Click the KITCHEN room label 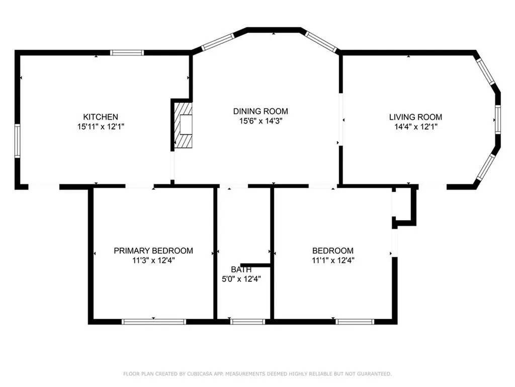[x=101, y=117]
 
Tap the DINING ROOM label [x=261, y=111]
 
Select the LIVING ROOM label [x=415, y=117]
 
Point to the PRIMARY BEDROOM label [x=153, y=251]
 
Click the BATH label [x=241, y=270]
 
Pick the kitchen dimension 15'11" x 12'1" [x=101, y=126]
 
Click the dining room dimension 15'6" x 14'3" [x=261, y=121]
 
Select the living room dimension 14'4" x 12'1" [x=416, y=126]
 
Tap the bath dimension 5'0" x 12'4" [x=241, y=279]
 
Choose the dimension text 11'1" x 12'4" [x=333, y=261]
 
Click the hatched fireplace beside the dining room [x=183, y=125]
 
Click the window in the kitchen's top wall [x=127, y=52]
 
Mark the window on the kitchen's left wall [x=18, y=141]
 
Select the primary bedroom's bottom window [x=154, y=322]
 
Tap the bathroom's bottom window [x=247, y=322]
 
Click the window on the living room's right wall [x=498, y=119]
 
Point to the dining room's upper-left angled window [x=218, y=42]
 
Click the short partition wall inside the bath [x=255, y=265]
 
